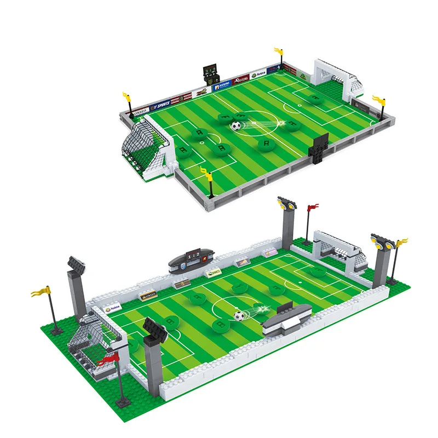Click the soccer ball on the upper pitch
point(235,126)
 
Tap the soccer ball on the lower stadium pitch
point(239,316)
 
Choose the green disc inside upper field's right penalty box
point(314,99)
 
